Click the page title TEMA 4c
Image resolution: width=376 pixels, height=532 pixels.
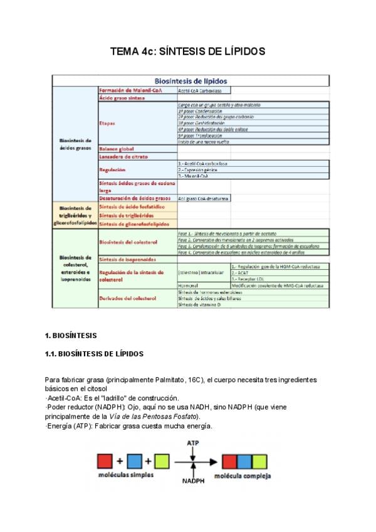tap(188, 51)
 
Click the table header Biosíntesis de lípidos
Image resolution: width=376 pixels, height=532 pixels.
tap(191, 80)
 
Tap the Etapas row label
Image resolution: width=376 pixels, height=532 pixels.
tap(107, 124)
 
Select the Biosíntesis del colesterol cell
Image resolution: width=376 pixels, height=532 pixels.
tap(128, 242)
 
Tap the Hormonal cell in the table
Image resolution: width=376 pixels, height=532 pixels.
tap(189, 285)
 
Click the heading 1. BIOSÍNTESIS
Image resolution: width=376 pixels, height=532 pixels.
tap(71, 335)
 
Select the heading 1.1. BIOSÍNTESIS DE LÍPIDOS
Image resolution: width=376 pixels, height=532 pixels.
tap(95, 354)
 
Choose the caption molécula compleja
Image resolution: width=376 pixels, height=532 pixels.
tap(243, 476)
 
